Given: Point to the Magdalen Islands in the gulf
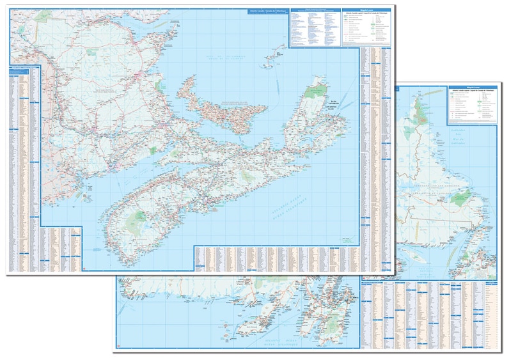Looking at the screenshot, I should (276, 58).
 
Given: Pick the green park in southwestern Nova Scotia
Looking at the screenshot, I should (137, 221).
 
